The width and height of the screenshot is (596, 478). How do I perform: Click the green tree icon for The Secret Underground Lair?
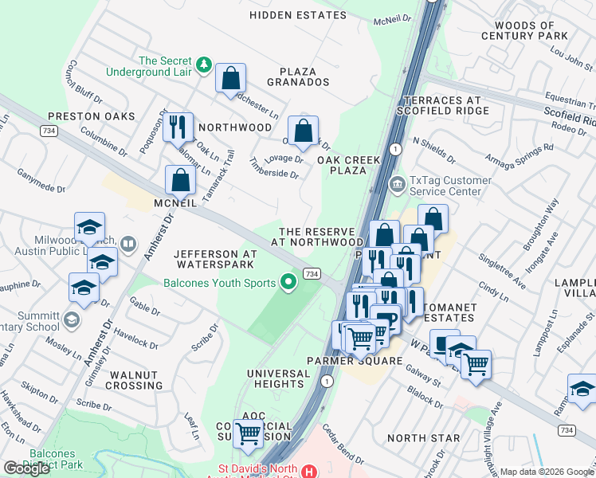click(x=204, y=64)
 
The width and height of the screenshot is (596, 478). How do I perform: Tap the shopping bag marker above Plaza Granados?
click(x=230, y=79)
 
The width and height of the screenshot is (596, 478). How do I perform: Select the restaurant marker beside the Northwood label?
click(x=178, y=126)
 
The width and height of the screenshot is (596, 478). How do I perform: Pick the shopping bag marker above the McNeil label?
click(x=181, y=180)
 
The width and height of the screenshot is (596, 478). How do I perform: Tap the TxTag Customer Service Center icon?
click(x=397, y=185)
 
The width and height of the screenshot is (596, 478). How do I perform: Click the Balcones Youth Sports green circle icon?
click(x=288, y=282)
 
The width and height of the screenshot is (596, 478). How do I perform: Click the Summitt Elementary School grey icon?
click(x=72, y=320)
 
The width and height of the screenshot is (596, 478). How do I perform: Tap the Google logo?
click(x=26, y=468)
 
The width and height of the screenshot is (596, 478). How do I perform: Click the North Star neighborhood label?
click(x=423, y=438)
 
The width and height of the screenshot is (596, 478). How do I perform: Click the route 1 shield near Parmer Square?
click(x=327, y=382)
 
